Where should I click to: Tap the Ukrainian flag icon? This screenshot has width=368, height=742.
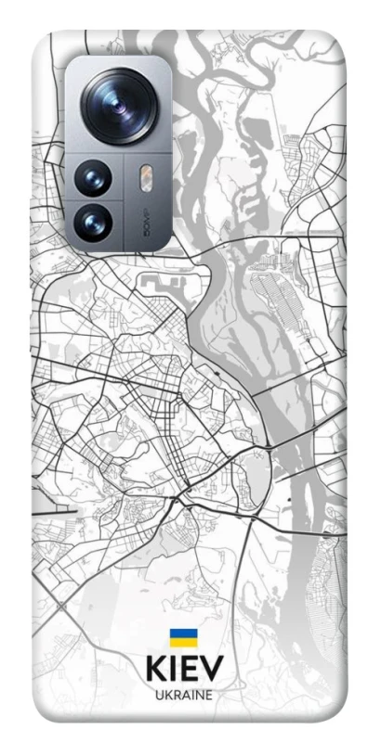[182, 638]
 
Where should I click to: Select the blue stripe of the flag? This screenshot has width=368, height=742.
[182, 633]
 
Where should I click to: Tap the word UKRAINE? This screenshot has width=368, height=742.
[183, 695]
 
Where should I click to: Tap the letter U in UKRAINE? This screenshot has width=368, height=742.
[157, 695]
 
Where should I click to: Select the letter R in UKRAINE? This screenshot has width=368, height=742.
[175, 695]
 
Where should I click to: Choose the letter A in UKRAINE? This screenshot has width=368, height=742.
[184, 695]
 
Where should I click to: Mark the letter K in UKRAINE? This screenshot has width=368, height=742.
[165, 695]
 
